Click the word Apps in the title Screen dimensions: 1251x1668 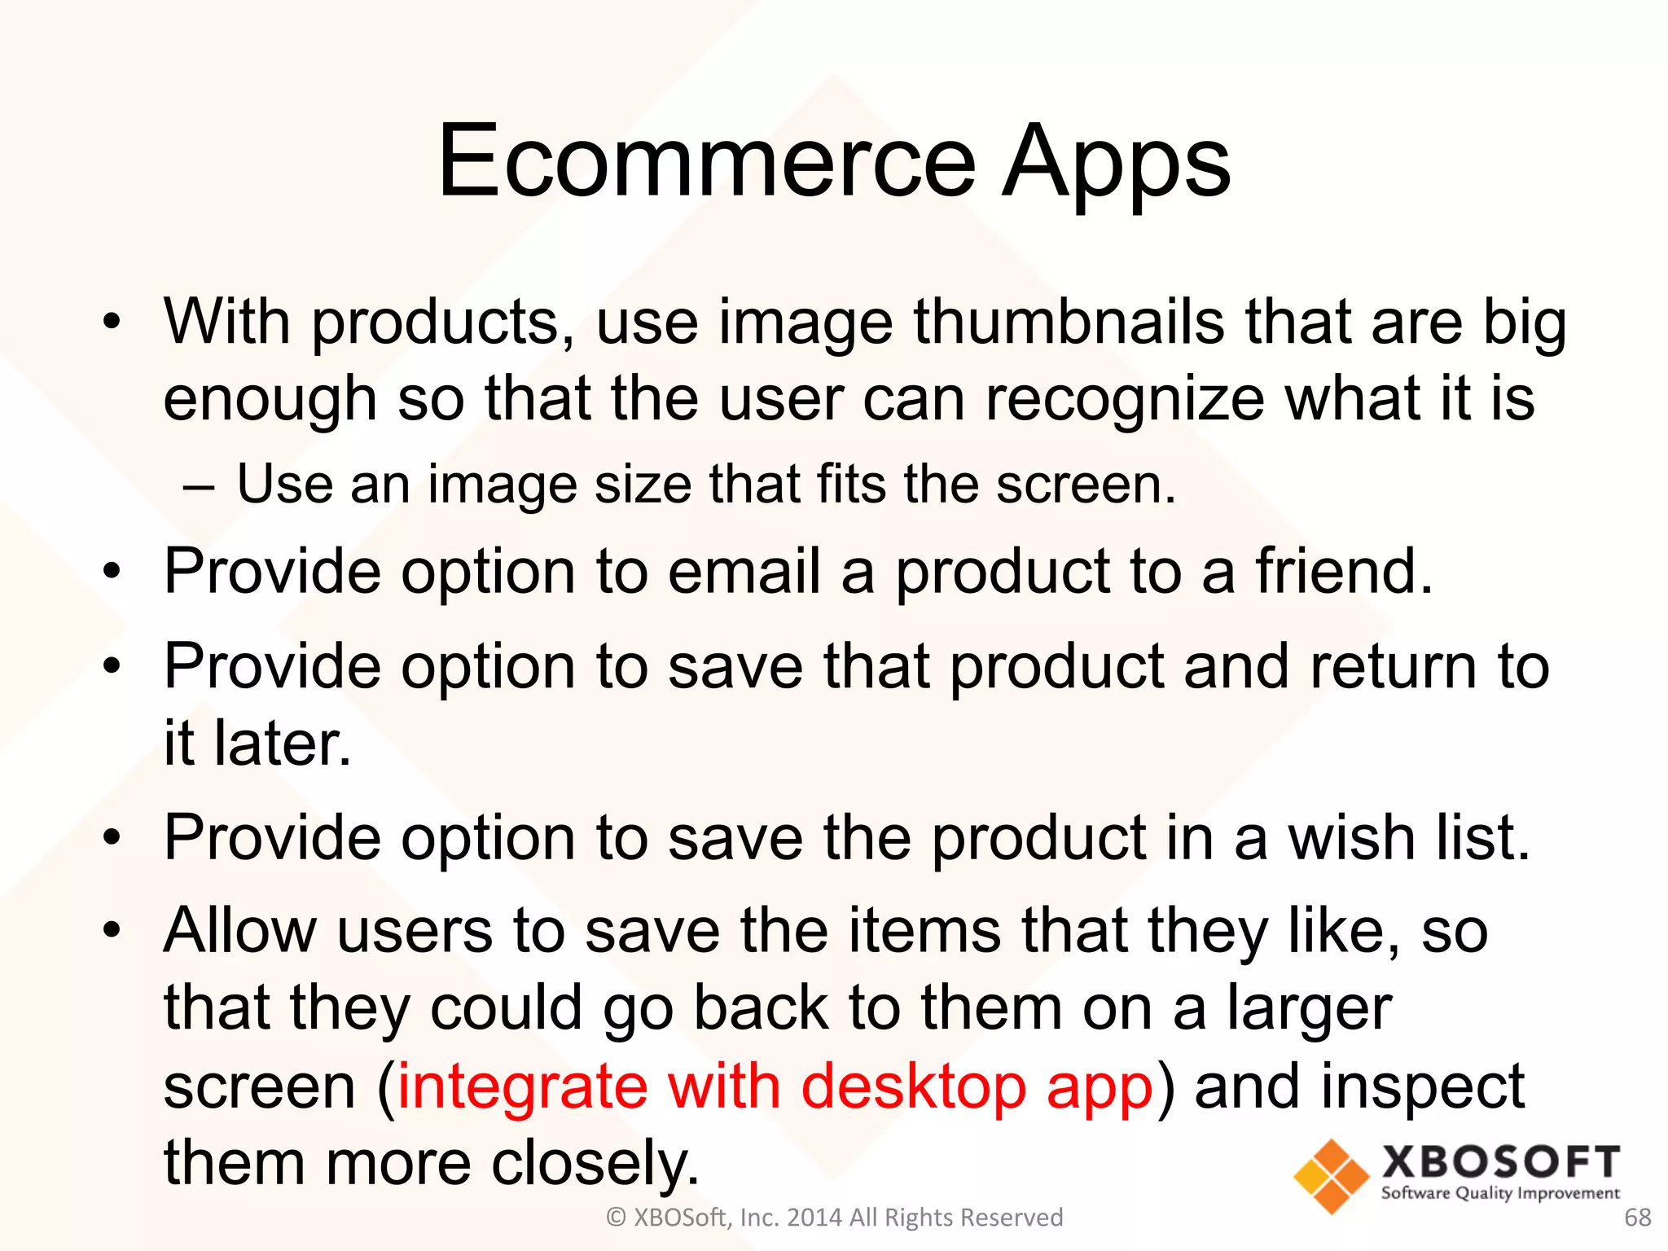1116,163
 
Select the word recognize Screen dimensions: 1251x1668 1125,399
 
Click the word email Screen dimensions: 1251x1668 744,571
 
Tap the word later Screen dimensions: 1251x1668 282,744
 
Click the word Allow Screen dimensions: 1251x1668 240,930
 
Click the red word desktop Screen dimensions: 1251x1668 913,1086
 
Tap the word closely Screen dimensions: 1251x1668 595,1163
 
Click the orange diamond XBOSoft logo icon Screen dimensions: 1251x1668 1331,1175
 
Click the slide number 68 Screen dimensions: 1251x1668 1637,1218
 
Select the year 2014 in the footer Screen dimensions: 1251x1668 814,1218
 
